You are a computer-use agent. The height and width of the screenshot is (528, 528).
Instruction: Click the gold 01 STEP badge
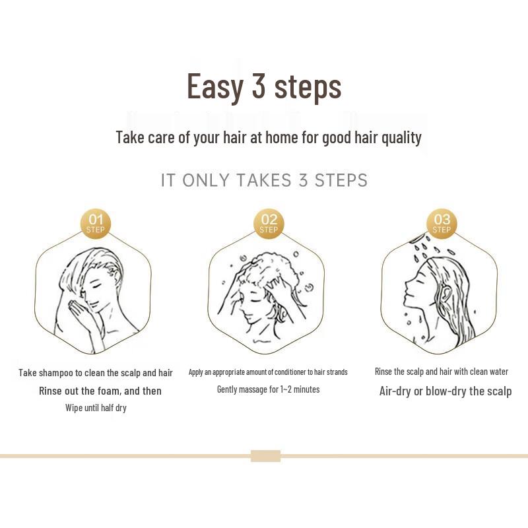coord(96,224)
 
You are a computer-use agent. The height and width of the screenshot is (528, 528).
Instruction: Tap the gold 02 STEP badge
coord(269,224)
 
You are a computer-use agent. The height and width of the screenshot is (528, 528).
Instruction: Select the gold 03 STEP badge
coord(442,224)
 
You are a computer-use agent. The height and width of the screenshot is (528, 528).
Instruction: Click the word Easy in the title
coord(214,86)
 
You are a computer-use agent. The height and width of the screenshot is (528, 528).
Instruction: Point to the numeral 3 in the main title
coord(257,86)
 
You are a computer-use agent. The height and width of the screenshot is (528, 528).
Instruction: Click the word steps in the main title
coord(307,86)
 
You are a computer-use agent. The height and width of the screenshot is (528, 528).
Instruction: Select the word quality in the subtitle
coord(399,137)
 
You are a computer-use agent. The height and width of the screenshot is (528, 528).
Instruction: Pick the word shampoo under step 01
coord(57,373)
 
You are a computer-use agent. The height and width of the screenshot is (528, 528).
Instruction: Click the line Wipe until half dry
coord(96,408)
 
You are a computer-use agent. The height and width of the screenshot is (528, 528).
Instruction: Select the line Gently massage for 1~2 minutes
coord(268,389)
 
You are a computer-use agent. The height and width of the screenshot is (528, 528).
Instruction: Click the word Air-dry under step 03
coord(395,391)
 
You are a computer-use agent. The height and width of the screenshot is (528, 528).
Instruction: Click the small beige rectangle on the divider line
coord(265,456)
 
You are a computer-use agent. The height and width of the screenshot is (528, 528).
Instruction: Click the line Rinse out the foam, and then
coord(100,391)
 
